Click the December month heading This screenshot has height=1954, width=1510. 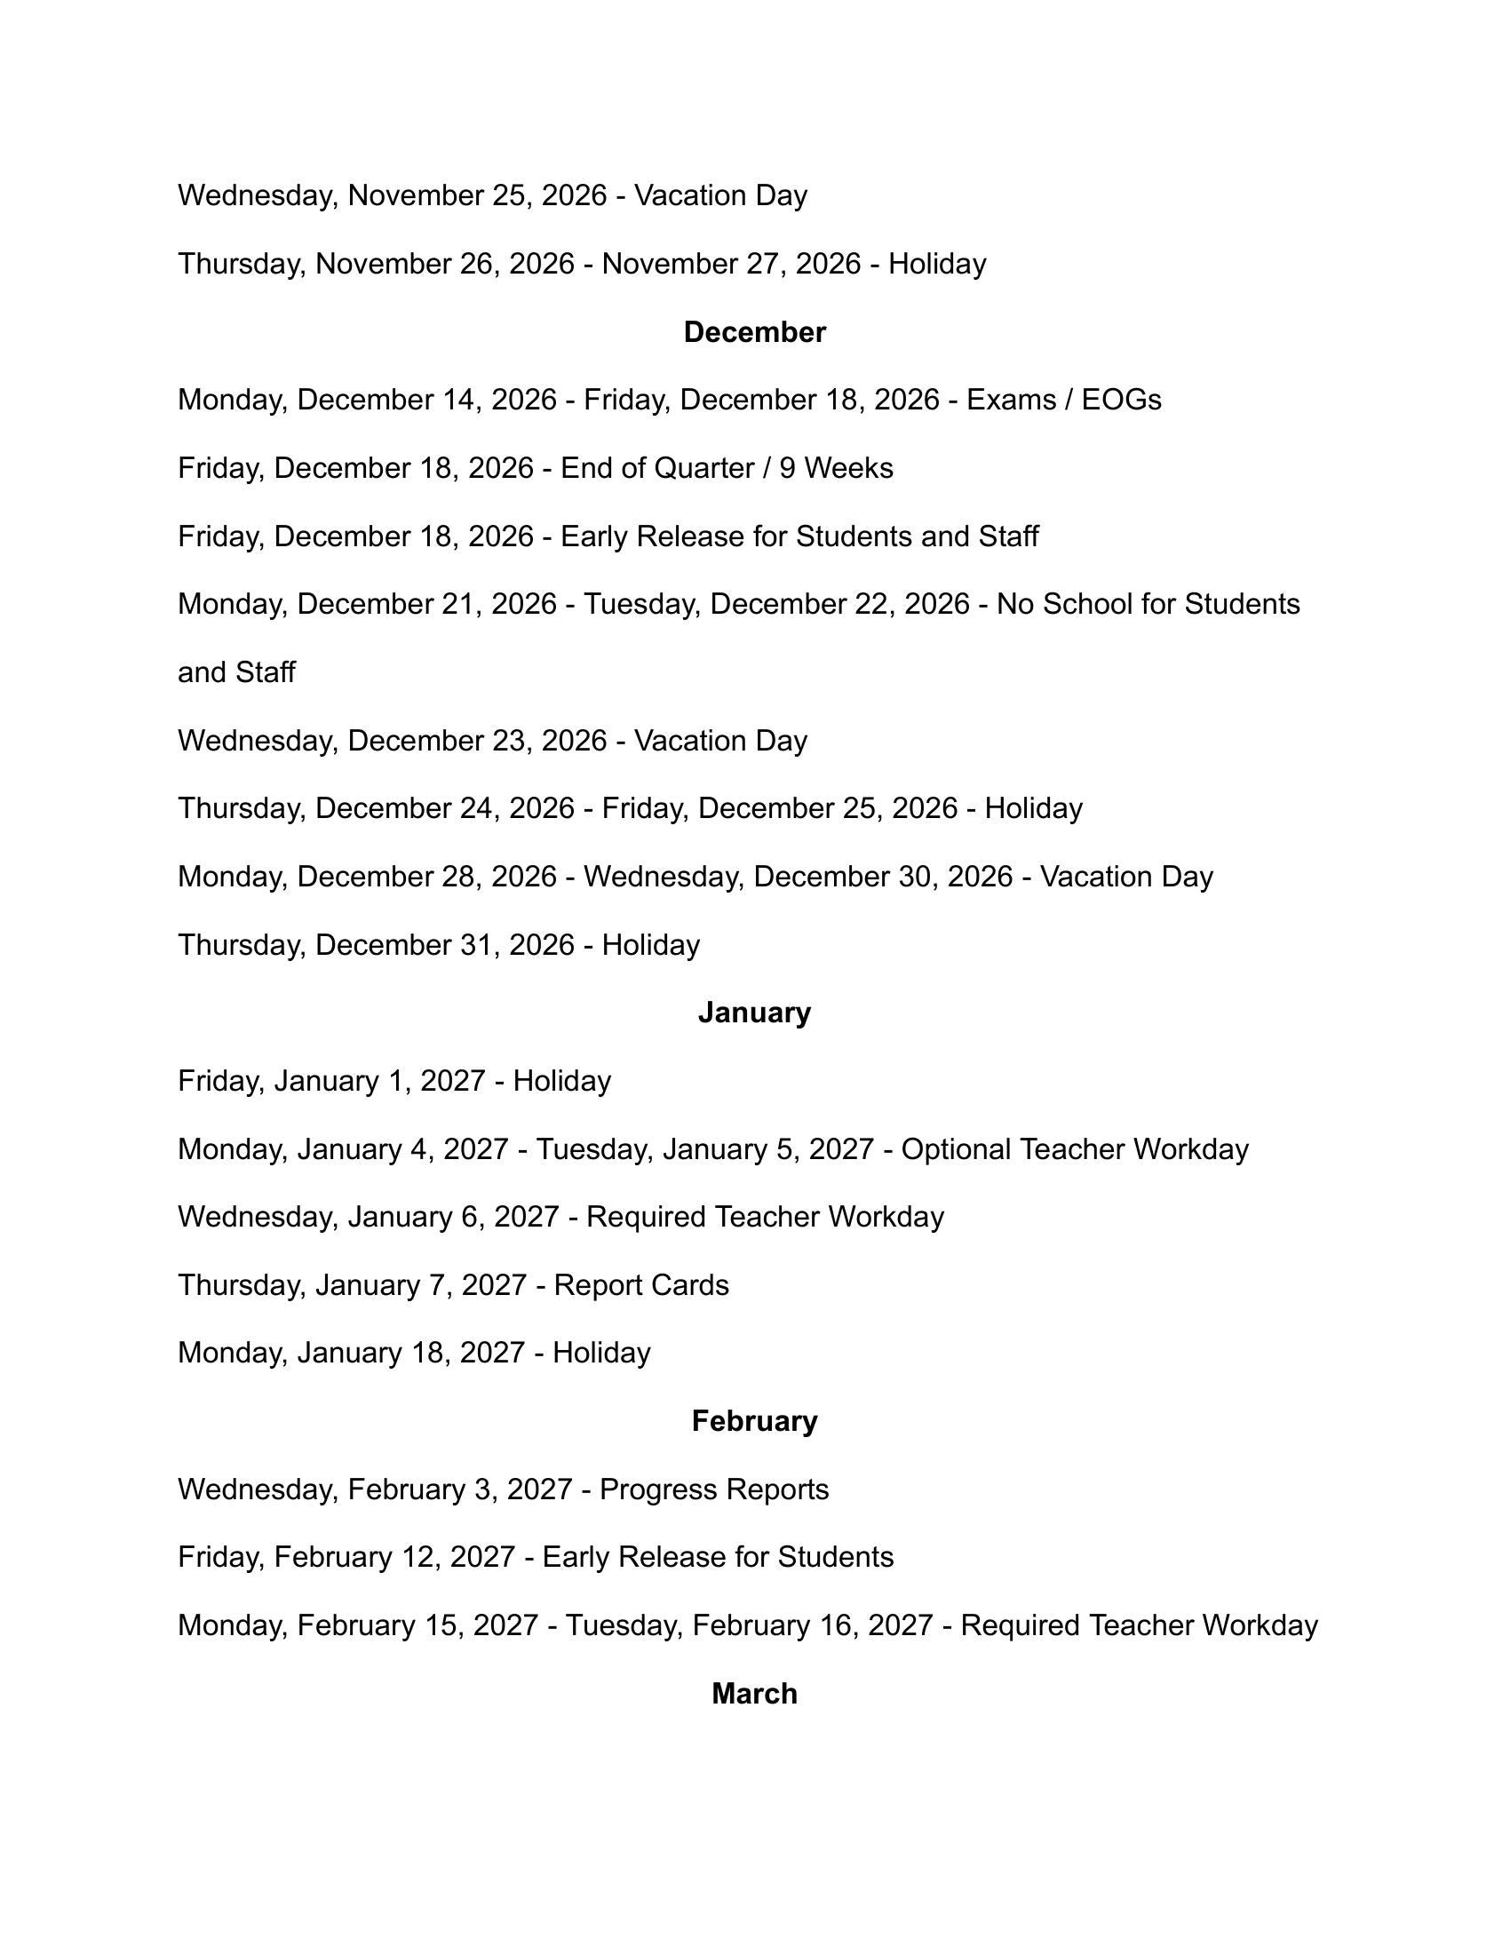click(754, 332)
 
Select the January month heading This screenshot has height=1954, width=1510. click(754, 1012)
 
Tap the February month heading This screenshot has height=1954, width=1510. click(754, 1421)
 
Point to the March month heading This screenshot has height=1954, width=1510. click(754, 1694)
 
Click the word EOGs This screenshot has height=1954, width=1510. click(1121, 400)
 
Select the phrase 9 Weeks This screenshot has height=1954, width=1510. click(836, 468)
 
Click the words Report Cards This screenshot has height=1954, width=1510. click(641, 1285)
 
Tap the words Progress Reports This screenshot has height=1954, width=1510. click(714, 1489)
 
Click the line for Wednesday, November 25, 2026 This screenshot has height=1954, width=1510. click(492, 196)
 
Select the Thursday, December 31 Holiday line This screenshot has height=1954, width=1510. click(438, 945)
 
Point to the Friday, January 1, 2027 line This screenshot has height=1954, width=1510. click(393, 1081)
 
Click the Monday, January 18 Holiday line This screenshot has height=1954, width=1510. click(413, 1353)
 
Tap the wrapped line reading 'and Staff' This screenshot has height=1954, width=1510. click(236, 673)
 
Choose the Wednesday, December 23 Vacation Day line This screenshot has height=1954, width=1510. click(492, 741)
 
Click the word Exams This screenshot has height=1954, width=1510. click(1007, 400)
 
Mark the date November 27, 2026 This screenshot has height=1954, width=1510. click(731, 264)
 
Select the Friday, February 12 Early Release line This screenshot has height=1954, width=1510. click(535, 1557)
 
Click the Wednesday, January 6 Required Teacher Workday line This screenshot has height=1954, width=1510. click(560, 1217)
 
